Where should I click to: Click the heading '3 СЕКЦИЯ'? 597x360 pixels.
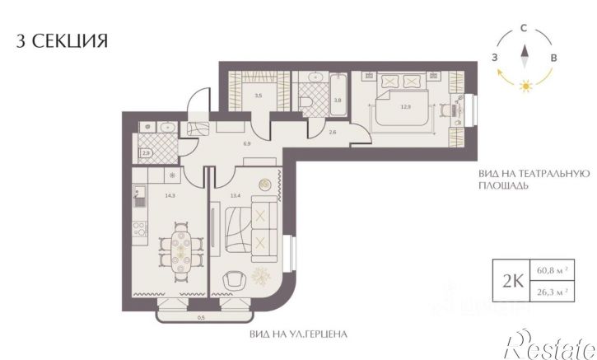pyautogui.click(x=63, y=40)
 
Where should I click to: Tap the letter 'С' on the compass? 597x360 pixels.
pyautogui.click(x=524, y=28)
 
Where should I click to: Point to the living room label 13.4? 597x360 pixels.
pyautogui.click(x=236, y=196)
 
